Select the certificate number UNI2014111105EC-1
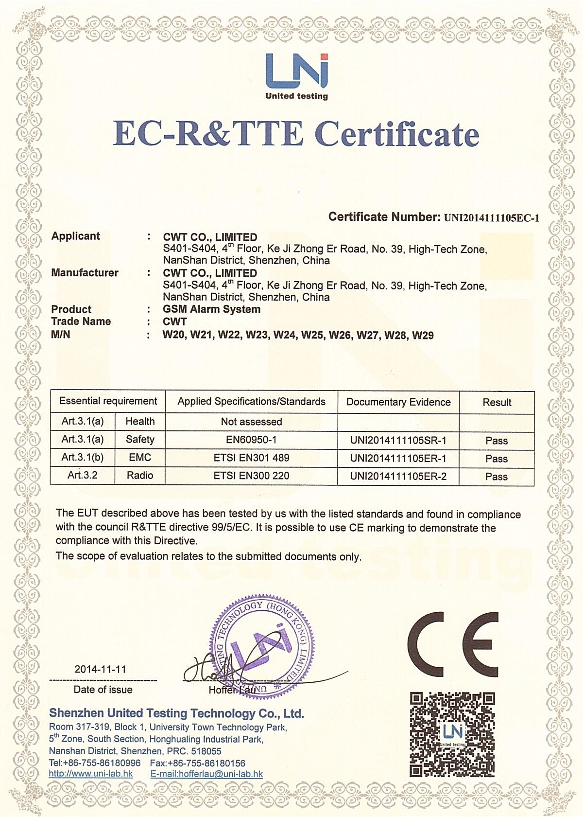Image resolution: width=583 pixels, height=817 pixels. (x=491, y=218)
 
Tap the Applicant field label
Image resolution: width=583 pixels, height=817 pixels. (x=75, y=236)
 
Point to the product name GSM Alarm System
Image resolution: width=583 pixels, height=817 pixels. (x=211, y=309)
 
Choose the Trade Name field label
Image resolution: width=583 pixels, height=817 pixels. (x=81, y=321)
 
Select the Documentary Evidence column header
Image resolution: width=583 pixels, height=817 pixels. (x=398, y=402)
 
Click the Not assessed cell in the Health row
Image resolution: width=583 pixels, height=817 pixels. (x=251, y=422)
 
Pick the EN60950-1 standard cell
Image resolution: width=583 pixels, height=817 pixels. (x=251, y=440)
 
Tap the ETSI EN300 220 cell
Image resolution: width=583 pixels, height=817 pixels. (x=251, y=476)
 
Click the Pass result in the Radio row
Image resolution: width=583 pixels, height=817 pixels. (x=496, y=477)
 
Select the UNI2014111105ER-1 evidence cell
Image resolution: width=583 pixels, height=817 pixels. (x=398, y=458)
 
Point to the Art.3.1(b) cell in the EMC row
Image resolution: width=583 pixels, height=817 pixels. (x=83, y=458)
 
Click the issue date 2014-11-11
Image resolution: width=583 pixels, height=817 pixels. (x=100, y=669)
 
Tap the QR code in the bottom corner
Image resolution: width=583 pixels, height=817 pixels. (x=452, y=734)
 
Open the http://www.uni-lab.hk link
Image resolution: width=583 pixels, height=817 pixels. (x=91, y=774)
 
